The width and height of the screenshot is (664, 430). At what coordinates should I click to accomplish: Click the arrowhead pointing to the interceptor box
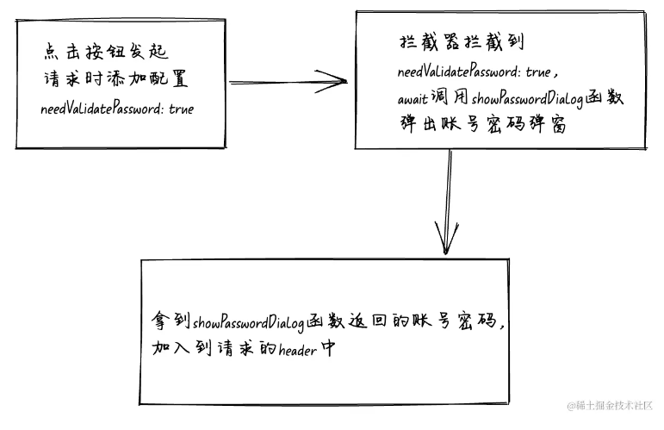coord(332,81)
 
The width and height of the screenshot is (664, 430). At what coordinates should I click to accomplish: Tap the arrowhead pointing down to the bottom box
coord(446,237)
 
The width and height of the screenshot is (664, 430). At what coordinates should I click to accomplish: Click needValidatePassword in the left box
coord(102,109)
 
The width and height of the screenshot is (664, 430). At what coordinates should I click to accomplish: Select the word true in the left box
coord(181,109)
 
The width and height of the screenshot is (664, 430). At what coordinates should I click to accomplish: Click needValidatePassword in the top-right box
coord(458,72)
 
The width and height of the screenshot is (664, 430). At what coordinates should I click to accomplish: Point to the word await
coord(413,100)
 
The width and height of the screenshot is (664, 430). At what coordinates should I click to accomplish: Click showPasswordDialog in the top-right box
coord(527,100)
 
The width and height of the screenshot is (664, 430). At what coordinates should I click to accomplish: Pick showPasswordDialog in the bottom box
coord(248,323)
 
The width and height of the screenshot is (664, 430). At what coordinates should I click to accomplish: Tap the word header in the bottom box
coord(297,351)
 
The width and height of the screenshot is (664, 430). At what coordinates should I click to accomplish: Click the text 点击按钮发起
coord(106,52)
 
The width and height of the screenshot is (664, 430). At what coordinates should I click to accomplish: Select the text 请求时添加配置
coord(115,78)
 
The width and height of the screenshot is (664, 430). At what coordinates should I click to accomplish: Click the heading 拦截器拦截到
coord(462,42)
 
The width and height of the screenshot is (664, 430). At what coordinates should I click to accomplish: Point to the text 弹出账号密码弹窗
coord(483,125)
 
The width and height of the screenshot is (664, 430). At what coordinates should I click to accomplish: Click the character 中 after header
coord(327,349)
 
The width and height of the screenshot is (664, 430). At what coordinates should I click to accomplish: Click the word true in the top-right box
coord(537,72)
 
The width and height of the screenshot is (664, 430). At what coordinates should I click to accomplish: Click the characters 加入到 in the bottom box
coord(181,348)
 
